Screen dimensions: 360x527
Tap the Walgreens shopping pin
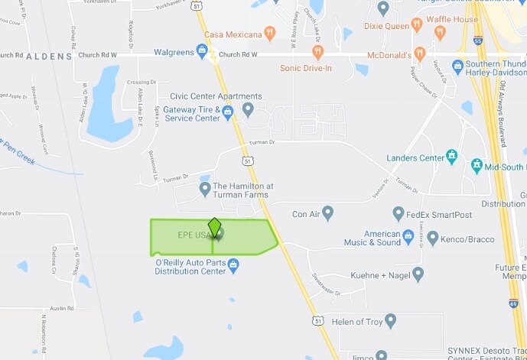202,50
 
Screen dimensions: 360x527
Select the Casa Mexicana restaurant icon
268,33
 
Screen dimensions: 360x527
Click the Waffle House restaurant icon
439,32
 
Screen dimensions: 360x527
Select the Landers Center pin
452,156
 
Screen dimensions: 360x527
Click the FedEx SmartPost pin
399,214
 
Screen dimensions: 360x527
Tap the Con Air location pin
328,212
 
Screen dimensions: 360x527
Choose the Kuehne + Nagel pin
418,274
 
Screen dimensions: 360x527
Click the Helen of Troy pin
391,320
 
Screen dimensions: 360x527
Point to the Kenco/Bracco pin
433,238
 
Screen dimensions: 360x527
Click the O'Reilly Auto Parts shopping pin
233,265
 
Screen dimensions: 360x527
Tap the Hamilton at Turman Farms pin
205,188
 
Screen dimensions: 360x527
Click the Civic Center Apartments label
216,96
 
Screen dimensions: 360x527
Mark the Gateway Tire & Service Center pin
227,113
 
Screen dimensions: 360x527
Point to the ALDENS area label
49,57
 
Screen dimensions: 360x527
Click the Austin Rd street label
61,308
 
